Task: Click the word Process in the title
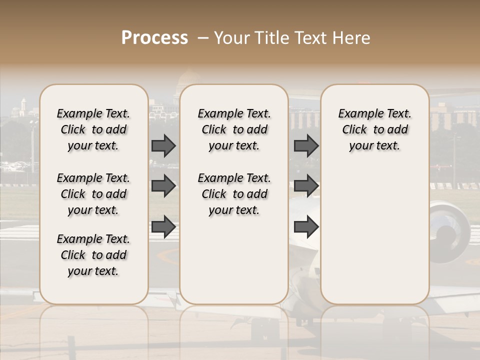coord(154,38)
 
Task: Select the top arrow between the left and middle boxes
coord(163,145)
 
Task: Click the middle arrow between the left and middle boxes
coord(163,186)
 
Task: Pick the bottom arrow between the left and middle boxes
coord(163,226)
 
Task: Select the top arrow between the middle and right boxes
coord(306,145)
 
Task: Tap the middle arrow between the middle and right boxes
coord(306,186)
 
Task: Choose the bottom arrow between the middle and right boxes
coord(306,226)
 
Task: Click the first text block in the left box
coord(93,129)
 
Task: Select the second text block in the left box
coord(93,194)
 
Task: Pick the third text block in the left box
coord(93,255)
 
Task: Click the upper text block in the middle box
coord(234,129)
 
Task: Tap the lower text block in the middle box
coord(234,194)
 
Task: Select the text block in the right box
coord(374,129)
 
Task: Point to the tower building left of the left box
coord(23,106)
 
